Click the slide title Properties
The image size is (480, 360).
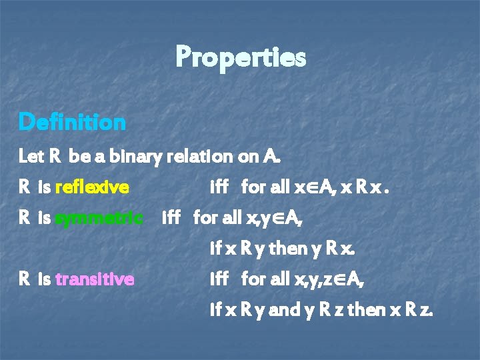[x=240, y=57]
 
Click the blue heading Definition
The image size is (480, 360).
[x=72, y=122]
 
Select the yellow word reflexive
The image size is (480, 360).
[x=92, y=187]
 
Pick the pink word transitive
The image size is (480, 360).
[x=95, y=279]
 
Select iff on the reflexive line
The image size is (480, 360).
[x=219, y=187]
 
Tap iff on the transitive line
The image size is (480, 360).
[x=219, y=279]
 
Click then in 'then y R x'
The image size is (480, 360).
[x=287, y=249]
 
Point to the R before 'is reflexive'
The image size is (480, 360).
[x=25, y=187]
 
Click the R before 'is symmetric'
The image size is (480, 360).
[x=25, y=218]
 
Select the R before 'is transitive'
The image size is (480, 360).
[x=25, y=279]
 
